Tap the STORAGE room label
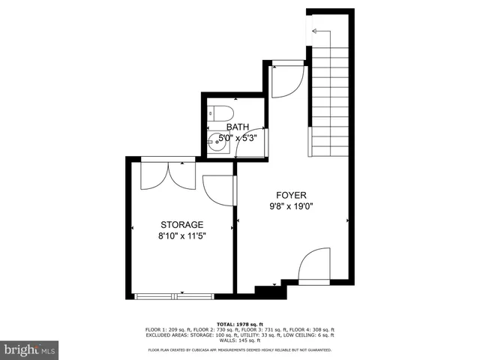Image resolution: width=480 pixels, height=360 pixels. tap(181, 224)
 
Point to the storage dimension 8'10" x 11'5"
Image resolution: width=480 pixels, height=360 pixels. tap(181, 235)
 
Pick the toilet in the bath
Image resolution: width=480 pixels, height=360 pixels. tap(217, 115)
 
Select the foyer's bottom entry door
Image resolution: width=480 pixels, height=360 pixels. tap(314, 267)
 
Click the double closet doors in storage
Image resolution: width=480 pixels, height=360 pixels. tap(169, 175)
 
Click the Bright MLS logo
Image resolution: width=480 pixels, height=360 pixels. tap(30, 349)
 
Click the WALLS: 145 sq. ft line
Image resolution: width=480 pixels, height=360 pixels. tap(240, 342)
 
